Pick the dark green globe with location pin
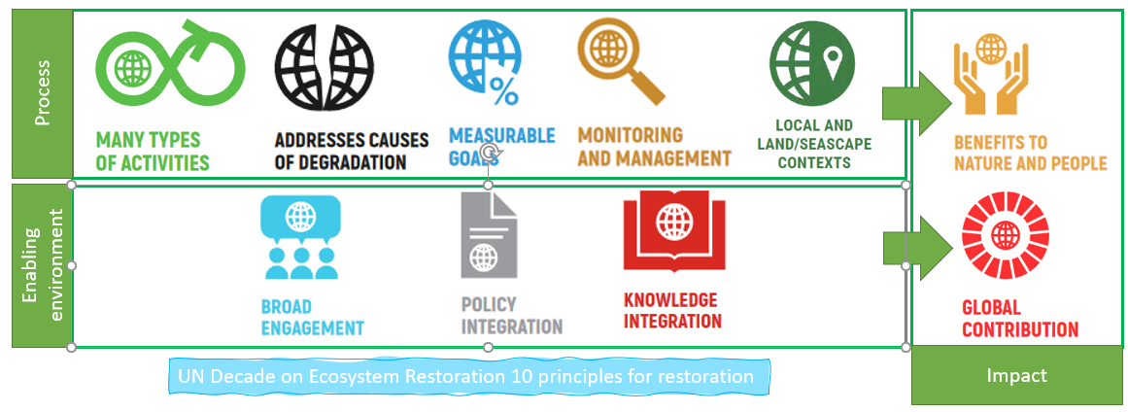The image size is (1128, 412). coord(812,63)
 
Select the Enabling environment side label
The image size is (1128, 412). coord(42,264)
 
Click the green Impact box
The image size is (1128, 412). coord(1016,376)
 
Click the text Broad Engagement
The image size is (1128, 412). coord(311,317)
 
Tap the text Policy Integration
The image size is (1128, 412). coord(511,316)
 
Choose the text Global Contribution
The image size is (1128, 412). coord(1020,320)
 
